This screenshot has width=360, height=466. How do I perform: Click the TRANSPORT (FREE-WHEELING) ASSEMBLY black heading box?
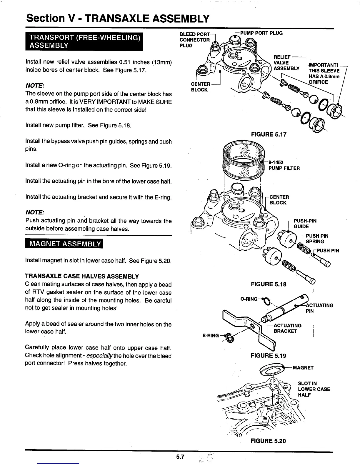pyautogui.click(x=84, y=41)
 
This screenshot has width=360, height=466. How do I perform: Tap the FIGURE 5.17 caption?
pyautogui.click(x=268, y=134)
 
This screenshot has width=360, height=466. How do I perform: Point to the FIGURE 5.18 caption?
pyautogui.click(x=268, y=284)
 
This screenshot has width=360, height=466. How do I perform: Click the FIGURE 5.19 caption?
pyautogui.click(x=268, y=355)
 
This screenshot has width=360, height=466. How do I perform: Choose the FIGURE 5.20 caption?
pyautogui.click(x=268, y=441)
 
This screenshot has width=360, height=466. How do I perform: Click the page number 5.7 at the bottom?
pyautogui.click(x=180, y=457)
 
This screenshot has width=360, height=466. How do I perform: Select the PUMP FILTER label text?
pyautogui.click(x=284, y=168)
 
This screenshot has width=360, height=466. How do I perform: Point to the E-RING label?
pyautogui.click(x=211, y=335)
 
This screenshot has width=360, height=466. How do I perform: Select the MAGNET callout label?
pyautogui.click(x=303, y=368)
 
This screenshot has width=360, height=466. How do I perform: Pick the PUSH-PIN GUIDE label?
pyautogui.click(x=305, y=224)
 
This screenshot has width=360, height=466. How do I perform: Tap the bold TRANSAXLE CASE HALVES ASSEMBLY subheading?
pyautogui.click(x=82, y=277)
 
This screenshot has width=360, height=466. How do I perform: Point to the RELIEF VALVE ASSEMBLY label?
pyautogui.click(x=286, y=63)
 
